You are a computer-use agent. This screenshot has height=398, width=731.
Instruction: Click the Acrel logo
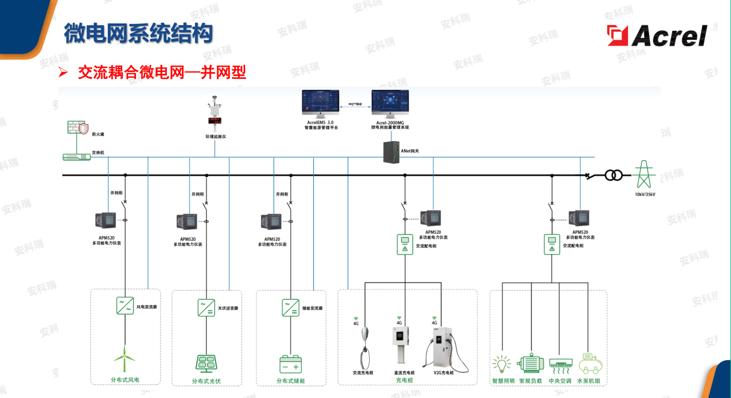pyautogui.click(x=657, y=35)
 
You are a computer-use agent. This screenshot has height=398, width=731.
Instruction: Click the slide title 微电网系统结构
pyautogui.click(x=138, y=34)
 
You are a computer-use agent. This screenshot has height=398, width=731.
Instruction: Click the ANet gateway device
pyautogui.click(x=392, y=152)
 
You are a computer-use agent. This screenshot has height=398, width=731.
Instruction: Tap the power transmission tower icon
pyautogui.click(x=644, y=174)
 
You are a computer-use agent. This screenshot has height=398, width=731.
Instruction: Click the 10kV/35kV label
pyautogui.click(x=645, y=194)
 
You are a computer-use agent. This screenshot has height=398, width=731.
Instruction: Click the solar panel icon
pyautogui.click(x=206, y=362)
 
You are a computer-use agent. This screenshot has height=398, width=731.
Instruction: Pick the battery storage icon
pyautogui.click(x=290, y=364)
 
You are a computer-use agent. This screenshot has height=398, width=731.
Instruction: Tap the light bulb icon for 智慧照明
pyautogui.click(x=502, y=363)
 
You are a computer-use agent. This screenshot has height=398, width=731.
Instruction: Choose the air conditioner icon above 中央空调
pyautogui.click(x=560, y=363)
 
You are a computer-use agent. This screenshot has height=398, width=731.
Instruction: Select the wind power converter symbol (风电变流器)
pyautogui.click(x=125, y=305)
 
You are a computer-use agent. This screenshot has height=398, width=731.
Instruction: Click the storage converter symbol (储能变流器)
pyautogui.click(x=290, y=308)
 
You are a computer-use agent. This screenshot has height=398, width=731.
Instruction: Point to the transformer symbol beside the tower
pyautogui.click(x=614, y=175)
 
